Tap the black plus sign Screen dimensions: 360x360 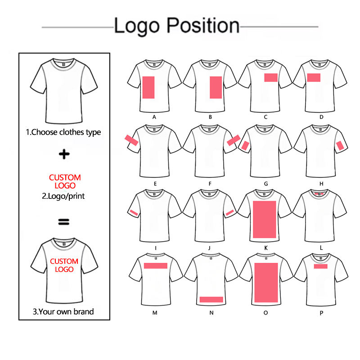(x=65, y=155)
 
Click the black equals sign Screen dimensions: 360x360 (x=64, y=221)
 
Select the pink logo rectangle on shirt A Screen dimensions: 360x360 (x=149, y=87)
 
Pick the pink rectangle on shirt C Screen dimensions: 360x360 (x=271, y=77)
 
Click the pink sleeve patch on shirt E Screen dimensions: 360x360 (x=131, y=140)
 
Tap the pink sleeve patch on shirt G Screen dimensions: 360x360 (x=245, y=145)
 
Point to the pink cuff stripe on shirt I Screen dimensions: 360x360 (x=133, y=211)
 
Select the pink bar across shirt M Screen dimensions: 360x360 (x=156, y=265)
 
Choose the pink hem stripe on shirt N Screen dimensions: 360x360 (x=211, y=299)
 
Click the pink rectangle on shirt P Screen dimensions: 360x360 (x=320, y=266)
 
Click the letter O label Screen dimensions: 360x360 (x=265, y=313)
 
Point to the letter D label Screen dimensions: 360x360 (x=321, y=117)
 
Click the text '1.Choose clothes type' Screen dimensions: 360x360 (x=63, y=132)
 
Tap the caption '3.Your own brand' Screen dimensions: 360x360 (x=64, y=311)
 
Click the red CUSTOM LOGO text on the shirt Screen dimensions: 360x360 (x=64, y=265)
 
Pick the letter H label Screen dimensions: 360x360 (x=321, y=183)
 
